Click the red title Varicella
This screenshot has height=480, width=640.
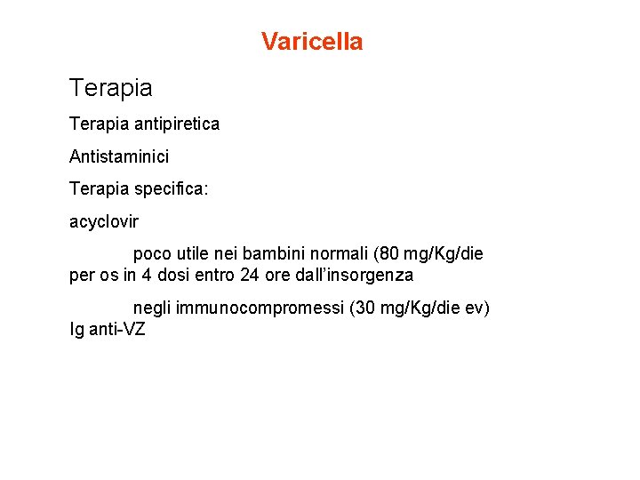[x=312, y=42]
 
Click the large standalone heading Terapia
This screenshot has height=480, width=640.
[x=111, y=88]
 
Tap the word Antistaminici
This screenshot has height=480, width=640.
[x=119, y=156]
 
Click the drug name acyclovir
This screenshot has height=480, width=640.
[x=104, y=221]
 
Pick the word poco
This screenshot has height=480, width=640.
[x=150, y=254]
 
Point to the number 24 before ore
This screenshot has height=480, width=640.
[x=250, y=276]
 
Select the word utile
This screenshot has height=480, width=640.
[x=193, y=254]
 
